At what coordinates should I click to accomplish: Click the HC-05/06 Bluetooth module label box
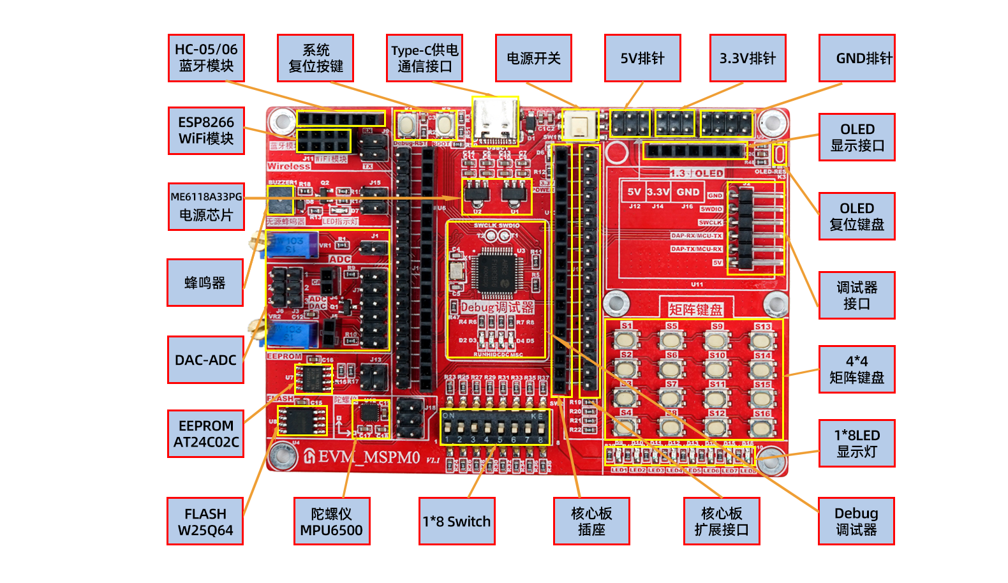click(206, 58)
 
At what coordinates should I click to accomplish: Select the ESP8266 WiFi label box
click(206, 131)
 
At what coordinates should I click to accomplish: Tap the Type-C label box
click(424, 58)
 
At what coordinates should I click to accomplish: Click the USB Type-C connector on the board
click(495, 121)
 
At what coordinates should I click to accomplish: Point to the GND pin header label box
click(857, 58)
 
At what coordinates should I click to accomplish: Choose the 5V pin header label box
click(642, 58)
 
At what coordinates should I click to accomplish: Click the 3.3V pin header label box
click(748, 58)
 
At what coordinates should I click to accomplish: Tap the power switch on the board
click(580, 125)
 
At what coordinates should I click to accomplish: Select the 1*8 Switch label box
click(457, 521)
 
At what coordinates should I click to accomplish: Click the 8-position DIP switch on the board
click(495, 427)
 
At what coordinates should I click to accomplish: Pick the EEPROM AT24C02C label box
click(206, 434)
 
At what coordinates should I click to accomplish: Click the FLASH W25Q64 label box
click(205, 521)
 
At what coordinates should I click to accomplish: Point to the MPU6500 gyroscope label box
click(332, 521)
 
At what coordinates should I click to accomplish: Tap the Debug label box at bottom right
click(856, 521)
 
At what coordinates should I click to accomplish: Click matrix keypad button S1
click(627, 339)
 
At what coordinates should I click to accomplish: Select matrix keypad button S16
click(762, 427)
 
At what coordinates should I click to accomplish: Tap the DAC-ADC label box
click(205, 360)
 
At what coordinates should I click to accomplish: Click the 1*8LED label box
click(857, 443)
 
